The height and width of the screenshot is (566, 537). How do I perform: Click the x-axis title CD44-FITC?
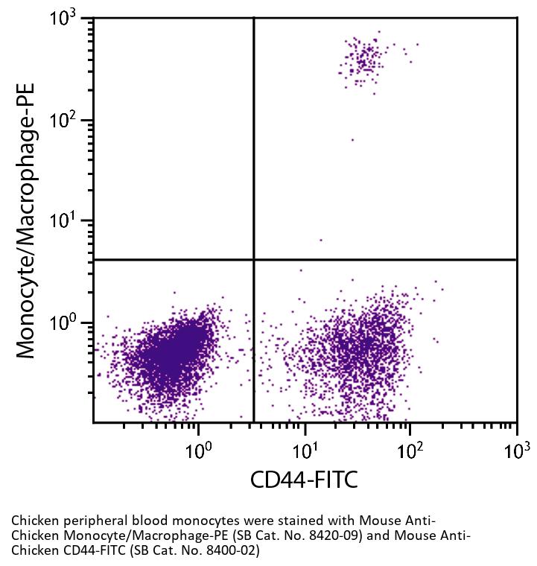(304, 480)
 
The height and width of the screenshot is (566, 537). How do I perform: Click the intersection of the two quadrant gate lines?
(254, 260)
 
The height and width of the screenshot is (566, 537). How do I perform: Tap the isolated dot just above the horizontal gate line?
(321, 240)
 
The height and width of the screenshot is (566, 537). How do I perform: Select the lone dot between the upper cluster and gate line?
(352, 139)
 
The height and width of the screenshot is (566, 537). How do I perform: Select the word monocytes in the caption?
(178, 520)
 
